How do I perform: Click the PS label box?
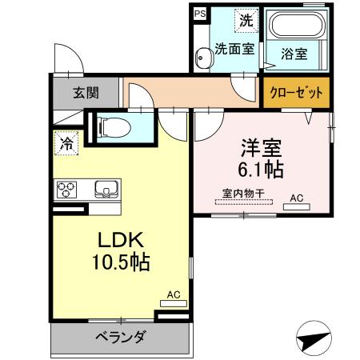pos(199,14)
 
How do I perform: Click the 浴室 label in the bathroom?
pos(294,54)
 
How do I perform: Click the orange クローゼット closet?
pos(294,93)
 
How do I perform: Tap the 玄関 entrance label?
pos(87,93)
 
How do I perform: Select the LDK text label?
pos(120,239)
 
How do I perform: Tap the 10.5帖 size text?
pos(120,262)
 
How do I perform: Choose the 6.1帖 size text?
pos(261,170)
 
